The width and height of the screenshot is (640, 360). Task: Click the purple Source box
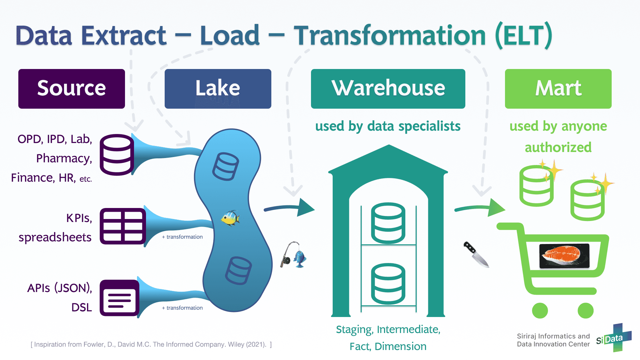tap(72, 89)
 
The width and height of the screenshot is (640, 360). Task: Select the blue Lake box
tap(218, 89)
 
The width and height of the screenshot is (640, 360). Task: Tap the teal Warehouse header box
tap(388, 89)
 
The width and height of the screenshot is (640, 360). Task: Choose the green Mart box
tap(558, 89)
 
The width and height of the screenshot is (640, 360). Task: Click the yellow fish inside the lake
tap(230, 218)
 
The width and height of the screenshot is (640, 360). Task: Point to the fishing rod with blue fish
tap(293, 255)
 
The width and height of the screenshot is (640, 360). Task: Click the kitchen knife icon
tap(476, 254)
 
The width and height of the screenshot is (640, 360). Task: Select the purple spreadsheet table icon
tap(123, 226)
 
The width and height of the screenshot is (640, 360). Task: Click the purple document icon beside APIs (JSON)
tap(119, 298)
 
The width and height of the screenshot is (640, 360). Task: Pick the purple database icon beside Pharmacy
tap(117, 155)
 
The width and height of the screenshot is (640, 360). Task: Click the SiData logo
tap(614, 338)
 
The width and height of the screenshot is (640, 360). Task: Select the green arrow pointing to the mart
tap(480, 208)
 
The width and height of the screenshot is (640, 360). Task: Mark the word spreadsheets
tap(55, 237)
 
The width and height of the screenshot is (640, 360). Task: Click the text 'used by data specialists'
tap(388, 126)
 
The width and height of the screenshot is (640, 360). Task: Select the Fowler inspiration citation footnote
tap(151, 344)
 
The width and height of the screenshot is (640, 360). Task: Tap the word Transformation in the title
tap(389, 36)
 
